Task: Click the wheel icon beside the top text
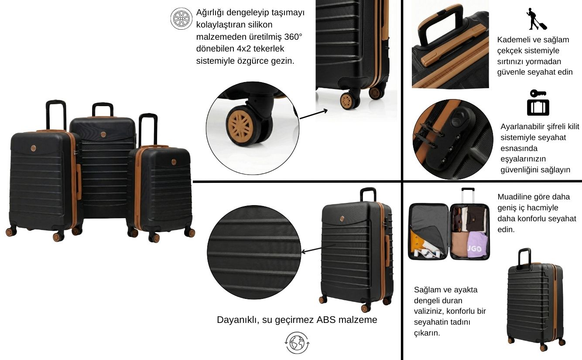pos(181,18)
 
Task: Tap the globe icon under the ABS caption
pos(297,343)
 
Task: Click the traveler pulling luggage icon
pos(536,19)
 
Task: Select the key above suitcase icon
pos(538,103)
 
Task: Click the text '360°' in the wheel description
pos(293,37)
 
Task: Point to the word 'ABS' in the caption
pos(326,320)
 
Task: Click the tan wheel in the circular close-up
pos(240,126)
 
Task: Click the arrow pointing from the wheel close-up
pos(314,114)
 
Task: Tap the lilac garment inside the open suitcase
pos(478,245)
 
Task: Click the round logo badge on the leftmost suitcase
pos(34,148)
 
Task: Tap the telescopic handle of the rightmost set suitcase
pos(148,129)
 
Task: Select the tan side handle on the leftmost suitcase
pos(79,182)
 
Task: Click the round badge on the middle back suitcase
pos(103,134)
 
